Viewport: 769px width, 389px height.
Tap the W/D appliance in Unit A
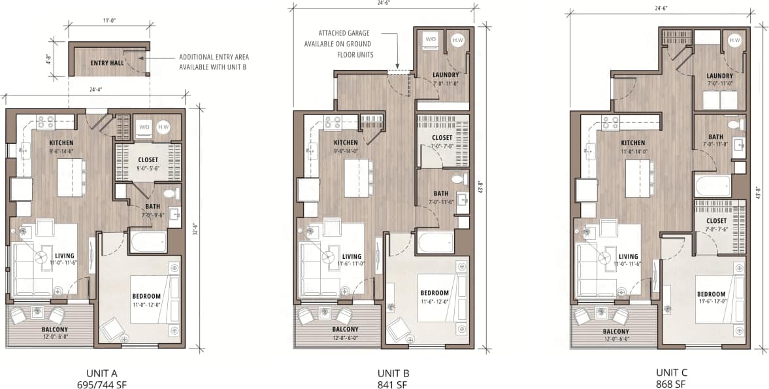click(x=143, y=127)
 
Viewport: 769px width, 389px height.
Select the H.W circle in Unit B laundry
click(x=456, y=40)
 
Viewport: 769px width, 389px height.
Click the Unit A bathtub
click(x=148, y=241)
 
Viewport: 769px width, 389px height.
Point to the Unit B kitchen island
click(x=356, y=177)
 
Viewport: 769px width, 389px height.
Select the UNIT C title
click(x=672, y=373)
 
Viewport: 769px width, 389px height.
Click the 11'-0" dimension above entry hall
click(x=109, y=22)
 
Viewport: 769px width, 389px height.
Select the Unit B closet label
click(x=442, y=137)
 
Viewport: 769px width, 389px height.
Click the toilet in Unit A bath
click(x=171, y=193)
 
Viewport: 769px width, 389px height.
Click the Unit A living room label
click(x=65, y=256)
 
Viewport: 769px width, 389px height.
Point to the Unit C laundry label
click(x=719, y=76)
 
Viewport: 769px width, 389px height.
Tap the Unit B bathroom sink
click(x=463, y=199)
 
